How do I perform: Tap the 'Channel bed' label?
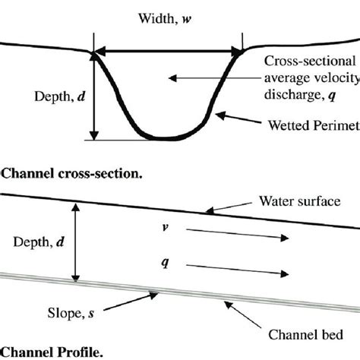tap(304, 333)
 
